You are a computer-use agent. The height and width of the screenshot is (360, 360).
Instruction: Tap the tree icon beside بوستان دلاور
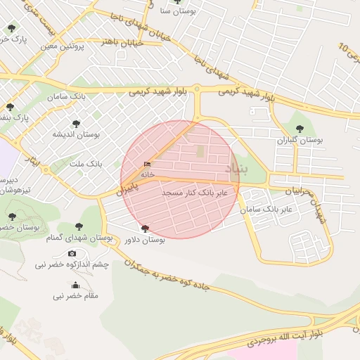tap(145, 229)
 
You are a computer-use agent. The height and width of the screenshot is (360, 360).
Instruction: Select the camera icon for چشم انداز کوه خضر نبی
tap(72, 253)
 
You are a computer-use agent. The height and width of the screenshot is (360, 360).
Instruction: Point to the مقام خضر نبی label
tap(75, 296)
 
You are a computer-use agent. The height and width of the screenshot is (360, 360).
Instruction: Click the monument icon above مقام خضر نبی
tap(75, 285)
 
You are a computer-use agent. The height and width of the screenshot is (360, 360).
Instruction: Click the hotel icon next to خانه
tap(147, 165)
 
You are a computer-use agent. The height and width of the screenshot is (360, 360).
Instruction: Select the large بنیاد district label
tap(236, 169)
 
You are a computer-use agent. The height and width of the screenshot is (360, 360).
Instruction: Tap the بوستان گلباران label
tap(300, 140)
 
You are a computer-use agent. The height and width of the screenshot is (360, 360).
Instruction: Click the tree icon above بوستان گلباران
tap(300, 129)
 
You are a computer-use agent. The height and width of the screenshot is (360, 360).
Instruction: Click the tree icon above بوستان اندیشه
tap(76, 123)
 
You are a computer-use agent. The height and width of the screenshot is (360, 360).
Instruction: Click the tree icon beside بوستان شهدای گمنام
tap(79, 226)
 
